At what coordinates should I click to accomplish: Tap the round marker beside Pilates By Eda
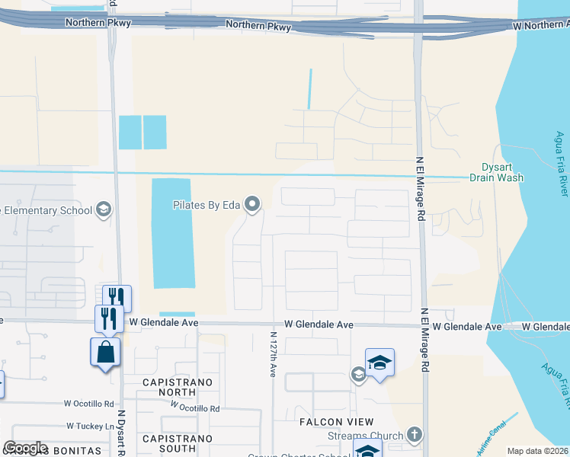tap(253, 204)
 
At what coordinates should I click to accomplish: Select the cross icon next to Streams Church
tap(414, 435)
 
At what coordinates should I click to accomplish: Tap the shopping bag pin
tap(104, 353)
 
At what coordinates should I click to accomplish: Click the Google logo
tap(25, 448)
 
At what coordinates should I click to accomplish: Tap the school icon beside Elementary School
tap(104, 210)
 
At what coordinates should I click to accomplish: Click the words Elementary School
tap(50, 211)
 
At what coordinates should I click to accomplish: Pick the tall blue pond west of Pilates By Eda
tap(171, 233)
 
